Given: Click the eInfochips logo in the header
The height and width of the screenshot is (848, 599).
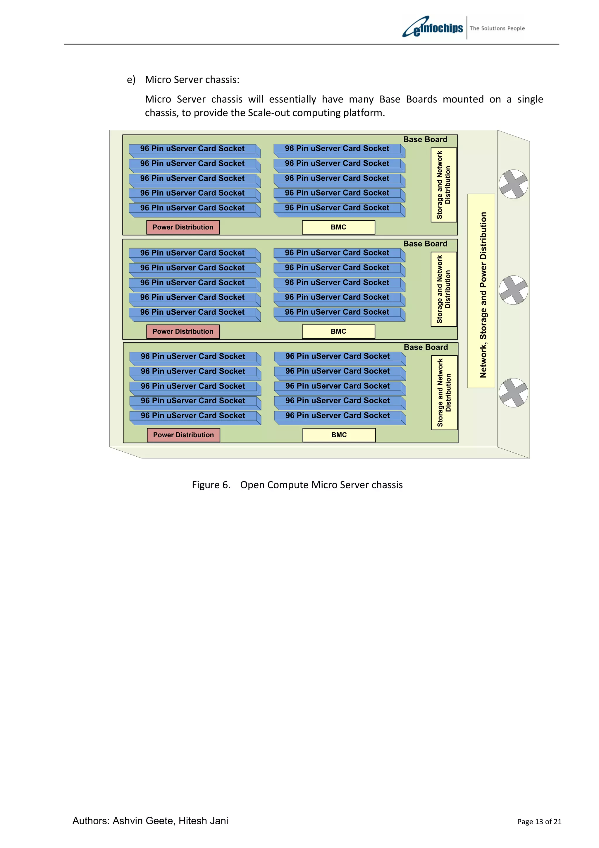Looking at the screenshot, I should tap(433, 27).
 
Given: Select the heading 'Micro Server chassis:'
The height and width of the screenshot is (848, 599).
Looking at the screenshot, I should tap(192, 80).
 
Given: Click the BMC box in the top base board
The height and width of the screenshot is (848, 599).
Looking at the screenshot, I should tap(338, 227).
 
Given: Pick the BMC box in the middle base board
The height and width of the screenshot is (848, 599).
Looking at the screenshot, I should tap(338, 331).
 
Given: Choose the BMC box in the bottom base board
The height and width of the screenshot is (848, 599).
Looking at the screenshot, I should tap(339, 435).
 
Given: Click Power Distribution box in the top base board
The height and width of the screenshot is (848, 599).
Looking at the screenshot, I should tap(183, 227).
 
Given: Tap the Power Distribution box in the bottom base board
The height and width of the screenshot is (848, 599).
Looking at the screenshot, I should tap(183, 435).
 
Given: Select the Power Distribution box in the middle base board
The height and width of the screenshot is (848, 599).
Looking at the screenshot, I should tap(183, 331).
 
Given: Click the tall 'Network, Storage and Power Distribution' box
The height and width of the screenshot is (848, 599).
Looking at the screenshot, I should tap(481, 291).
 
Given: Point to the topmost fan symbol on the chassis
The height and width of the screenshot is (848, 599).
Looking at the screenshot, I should tap(513, 184).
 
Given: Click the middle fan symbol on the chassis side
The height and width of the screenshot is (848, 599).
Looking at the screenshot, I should tap(513, 290).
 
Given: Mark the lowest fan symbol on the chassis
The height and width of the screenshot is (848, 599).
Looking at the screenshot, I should tap(513, 393).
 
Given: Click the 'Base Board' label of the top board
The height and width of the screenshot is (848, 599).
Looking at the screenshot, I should tap(425, 140).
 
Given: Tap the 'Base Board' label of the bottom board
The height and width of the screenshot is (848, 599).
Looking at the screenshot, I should tap(426, 347).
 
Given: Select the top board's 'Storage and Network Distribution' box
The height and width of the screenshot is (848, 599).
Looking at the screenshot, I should tap(444, 185).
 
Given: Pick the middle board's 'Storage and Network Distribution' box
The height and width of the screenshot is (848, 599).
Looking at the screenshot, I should tap(444, 289).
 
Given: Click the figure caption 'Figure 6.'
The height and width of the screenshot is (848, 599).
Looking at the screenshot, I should tap(211, 485).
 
